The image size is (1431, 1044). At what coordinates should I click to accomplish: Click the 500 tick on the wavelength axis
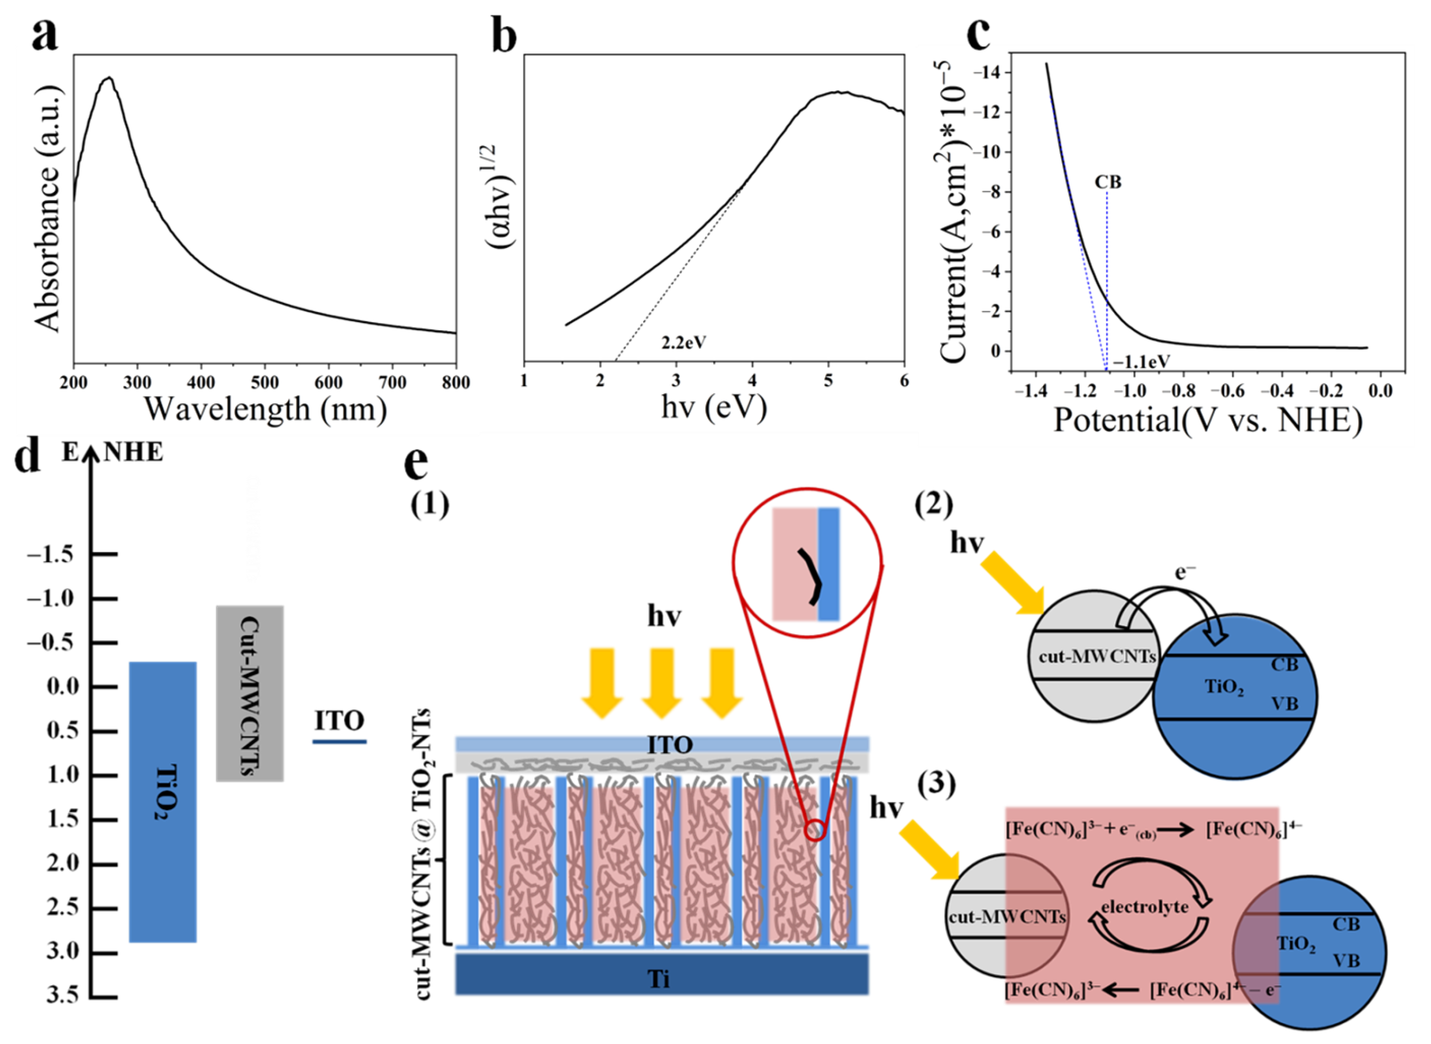pyautogui.click(x=265, y=383)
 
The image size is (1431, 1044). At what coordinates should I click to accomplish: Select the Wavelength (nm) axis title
pyautogui.click(x=265, y=410)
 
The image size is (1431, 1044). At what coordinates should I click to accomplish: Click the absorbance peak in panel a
pyautogui.click(x=109, y=78)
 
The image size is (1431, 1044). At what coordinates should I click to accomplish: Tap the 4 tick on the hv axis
pyautogui.click(x=752, y=381)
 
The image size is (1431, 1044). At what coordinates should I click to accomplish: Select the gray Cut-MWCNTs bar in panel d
pyautogui.click(x=250, y=693)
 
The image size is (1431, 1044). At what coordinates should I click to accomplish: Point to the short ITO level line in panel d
pyautogui.click(x=340, y=741)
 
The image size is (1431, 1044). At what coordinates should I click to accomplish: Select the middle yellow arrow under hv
pyautogui.click(x=662, y=682)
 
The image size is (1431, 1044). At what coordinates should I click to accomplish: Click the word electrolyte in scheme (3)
pyautogui.click(x=1145, y=907)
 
